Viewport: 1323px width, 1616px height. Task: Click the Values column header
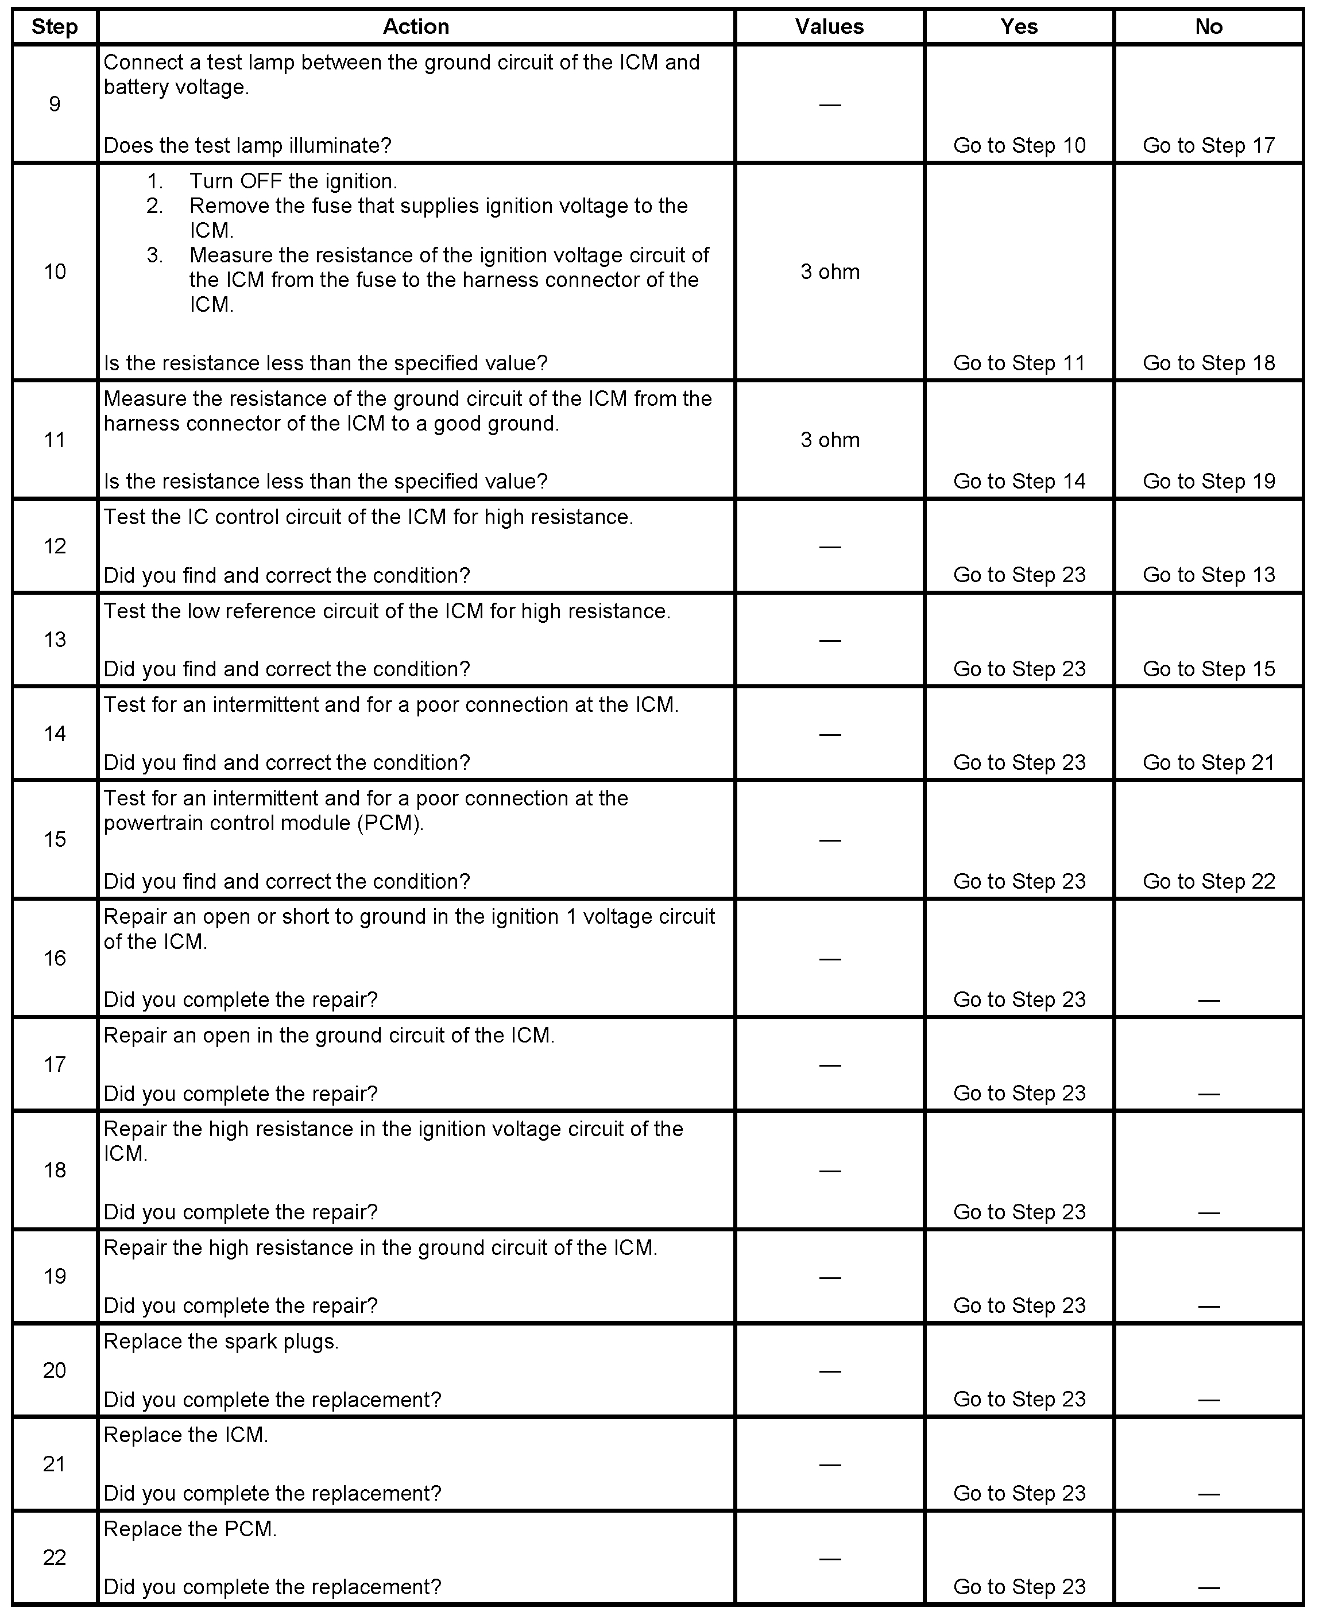coord(829,26)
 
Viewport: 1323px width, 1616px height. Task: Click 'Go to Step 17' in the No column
coord(1209,145)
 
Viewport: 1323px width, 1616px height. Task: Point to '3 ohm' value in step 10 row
coord(830,272)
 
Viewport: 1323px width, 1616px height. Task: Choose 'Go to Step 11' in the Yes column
coord(1019,363)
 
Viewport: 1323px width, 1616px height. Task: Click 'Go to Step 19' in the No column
coord(1209,482)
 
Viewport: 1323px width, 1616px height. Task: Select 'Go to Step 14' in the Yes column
coord(1019,482)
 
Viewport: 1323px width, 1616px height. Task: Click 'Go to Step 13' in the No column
coord(1209,575)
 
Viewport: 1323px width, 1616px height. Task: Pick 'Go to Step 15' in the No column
coord(1209,669)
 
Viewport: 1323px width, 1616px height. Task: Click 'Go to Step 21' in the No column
coord(1209,763)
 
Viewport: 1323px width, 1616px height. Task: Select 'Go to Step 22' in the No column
coord(1209,882)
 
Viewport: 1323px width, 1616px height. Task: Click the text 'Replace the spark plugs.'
coord(221,1342)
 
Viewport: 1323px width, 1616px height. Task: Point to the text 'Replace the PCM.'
coord(189,1529)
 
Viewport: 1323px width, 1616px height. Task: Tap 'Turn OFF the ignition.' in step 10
coord(293,181)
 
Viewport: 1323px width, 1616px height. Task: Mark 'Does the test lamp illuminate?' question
coord(247,145)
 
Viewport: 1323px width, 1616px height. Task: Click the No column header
coord(1209,26)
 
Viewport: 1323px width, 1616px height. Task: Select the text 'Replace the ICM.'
coord(185,1435)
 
